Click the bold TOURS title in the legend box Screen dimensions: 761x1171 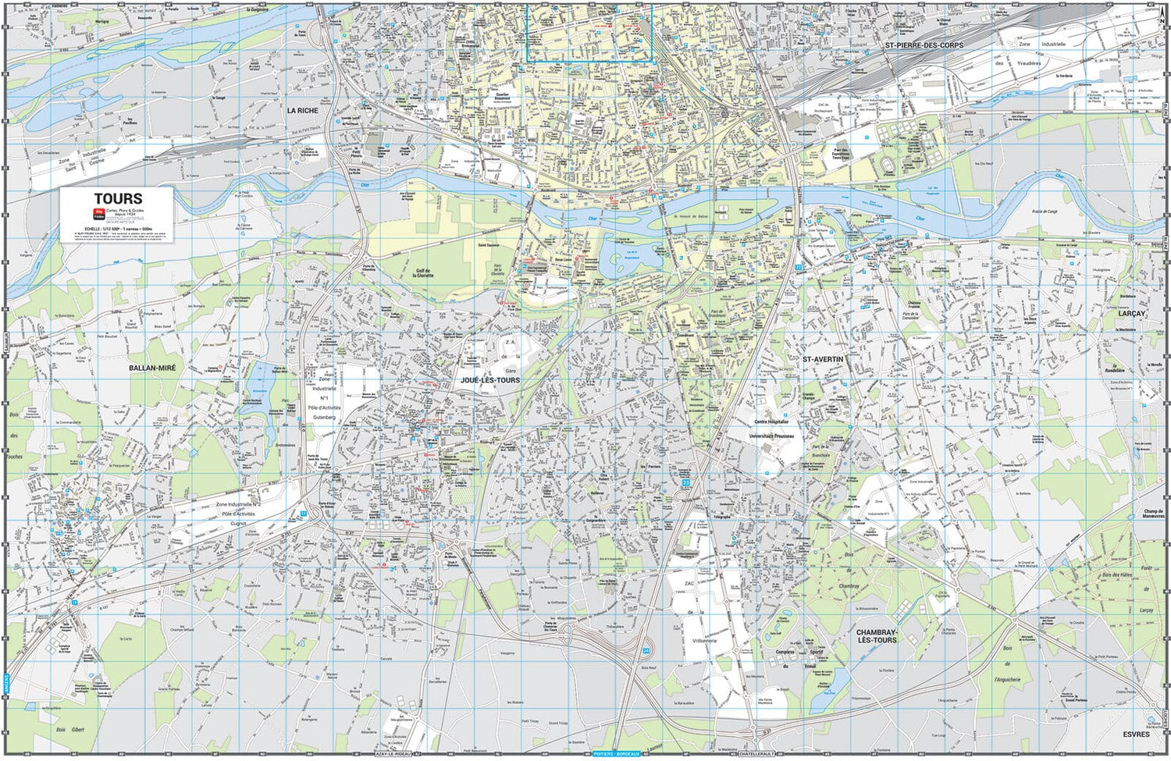(118, 199)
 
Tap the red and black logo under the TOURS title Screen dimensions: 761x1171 (99, 213)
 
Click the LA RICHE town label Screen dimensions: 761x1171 (303, 111)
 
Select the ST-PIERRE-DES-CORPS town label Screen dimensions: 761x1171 (924, 45)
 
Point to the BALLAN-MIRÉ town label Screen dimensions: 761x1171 (152, 368)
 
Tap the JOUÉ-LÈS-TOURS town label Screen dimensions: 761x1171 (490, 380)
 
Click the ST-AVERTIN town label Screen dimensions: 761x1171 (823, 359)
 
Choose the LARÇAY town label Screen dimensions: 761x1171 (1131, 314)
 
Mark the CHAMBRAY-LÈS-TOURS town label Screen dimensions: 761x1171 (876, 636)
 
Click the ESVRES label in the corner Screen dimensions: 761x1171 (1136, 734)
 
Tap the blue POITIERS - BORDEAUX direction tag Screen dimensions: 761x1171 (617, 754)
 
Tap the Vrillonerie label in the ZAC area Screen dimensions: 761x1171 (704, 640)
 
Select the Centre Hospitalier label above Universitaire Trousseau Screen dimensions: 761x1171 (771, 421)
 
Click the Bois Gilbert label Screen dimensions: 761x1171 (69, 730)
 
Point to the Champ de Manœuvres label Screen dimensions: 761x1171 (1153, 514)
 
